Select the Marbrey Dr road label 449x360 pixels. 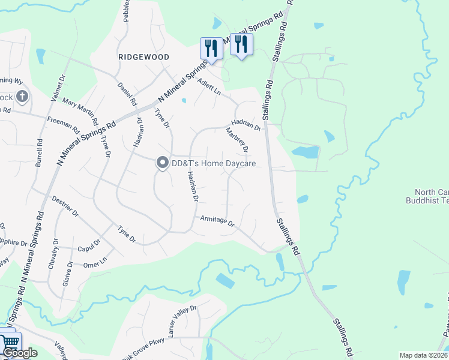(237, 139)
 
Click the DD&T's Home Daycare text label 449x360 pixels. (214, 163)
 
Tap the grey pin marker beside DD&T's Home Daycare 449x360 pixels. (162, 163)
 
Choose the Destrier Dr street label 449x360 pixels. (65, 205)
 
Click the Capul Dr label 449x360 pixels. (89, 249)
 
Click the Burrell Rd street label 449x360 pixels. (39, 152)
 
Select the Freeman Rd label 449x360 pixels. (64, 125)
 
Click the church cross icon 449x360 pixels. (22, 96)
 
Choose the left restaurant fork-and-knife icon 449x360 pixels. (211, 47)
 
